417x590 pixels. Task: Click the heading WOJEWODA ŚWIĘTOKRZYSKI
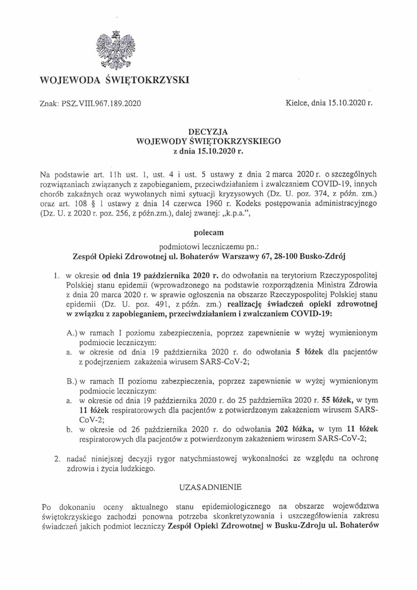pos(115,81)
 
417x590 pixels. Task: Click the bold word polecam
pos(208,233)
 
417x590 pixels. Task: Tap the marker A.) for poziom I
pos(72,333)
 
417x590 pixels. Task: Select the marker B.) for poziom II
pos(72,381)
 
